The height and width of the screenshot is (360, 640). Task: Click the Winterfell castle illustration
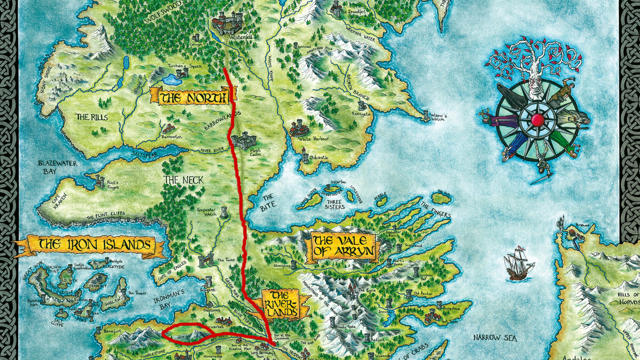tap(227, 22)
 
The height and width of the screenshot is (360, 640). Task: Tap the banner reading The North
tap(194, 97)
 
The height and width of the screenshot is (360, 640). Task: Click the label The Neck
tap(183, 180)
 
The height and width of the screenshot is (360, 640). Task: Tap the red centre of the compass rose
tap(537, 120)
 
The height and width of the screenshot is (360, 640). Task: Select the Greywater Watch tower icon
tap(224, 212)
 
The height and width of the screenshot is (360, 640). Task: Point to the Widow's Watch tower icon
tap(426, 115)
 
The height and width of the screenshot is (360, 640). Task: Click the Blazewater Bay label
tap(57, 167)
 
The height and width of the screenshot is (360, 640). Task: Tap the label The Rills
tap(92, 117)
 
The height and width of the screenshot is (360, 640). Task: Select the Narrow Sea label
tap(495, 337)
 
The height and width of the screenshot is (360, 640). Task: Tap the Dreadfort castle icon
tap(336, 7)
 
